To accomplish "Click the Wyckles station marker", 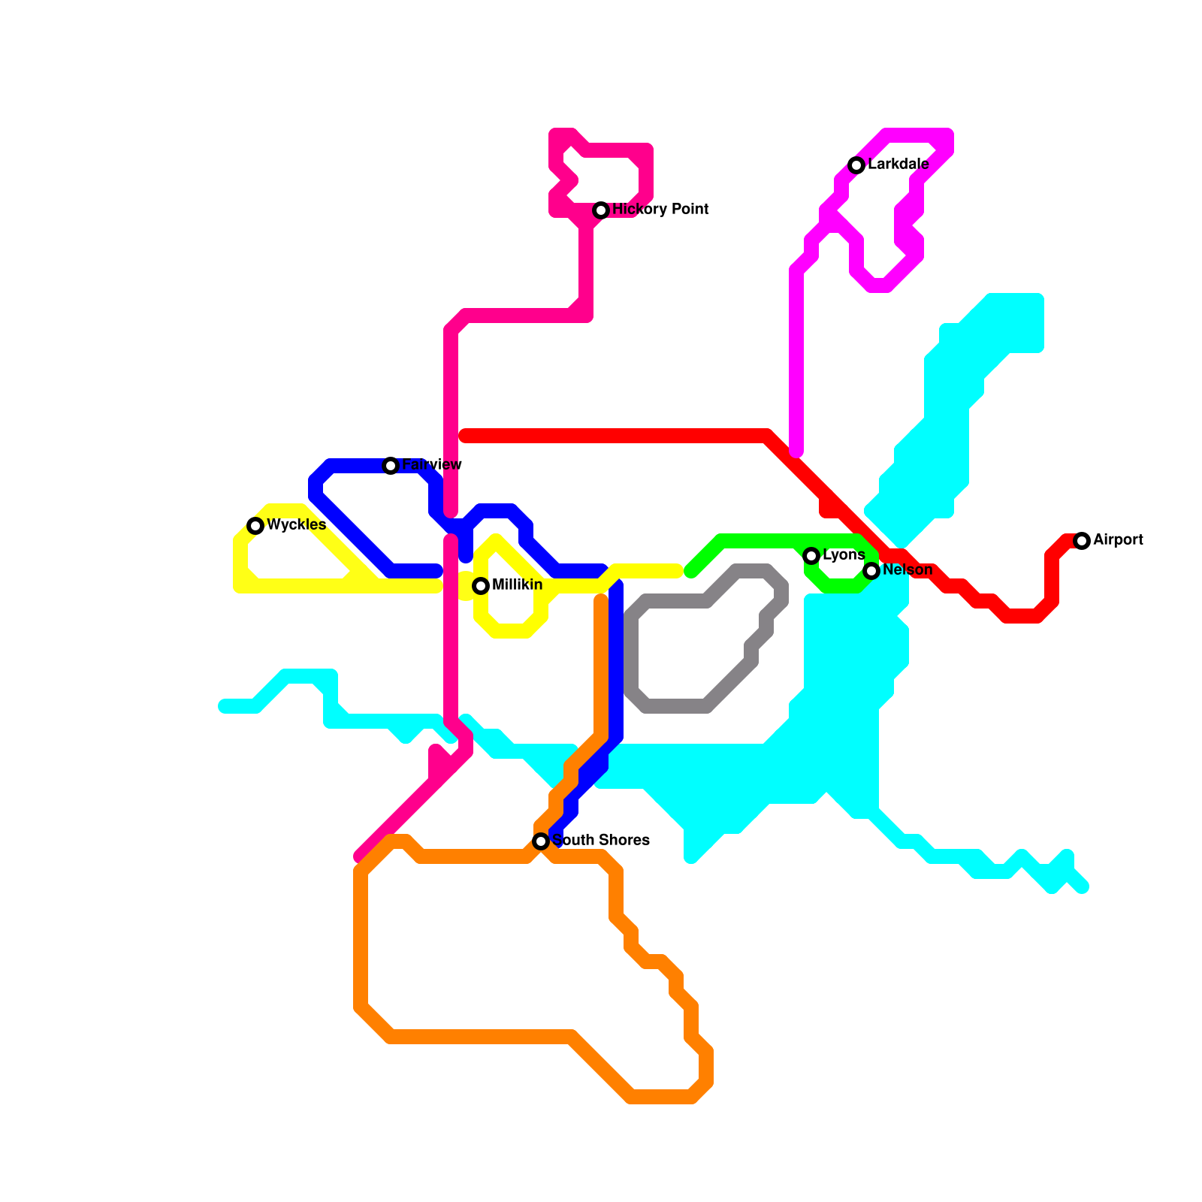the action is tap(255, 525).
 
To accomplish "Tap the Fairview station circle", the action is tap(391, 466).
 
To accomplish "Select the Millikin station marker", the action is tap(481, 586).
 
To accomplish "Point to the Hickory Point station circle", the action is tap(601, 210).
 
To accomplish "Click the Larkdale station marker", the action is tap(856, 165).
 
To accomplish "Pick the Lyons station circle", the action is tap(811, 556).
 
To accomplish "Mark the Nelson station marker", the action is tap(871, 571).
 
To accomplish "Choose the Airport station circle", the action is tap(1082, 541).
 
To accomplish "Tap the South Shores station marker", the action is tap(541, 841).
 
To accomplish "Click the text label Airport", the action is tap(1118, 539).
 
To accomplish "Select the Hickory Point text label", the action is tap(660, 209).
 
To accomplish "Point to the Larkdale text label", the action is tap(898, 164).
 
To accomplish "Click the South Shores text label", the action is tap(601, 840).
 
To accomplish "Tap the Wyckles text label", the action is tap(296, 524).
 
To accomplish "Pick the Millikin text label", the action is tap(517, 584).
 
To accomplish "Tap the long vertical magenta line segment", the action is tap(796, 361).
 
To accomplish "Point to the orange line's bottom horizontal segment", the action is tap(481, 1037).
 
